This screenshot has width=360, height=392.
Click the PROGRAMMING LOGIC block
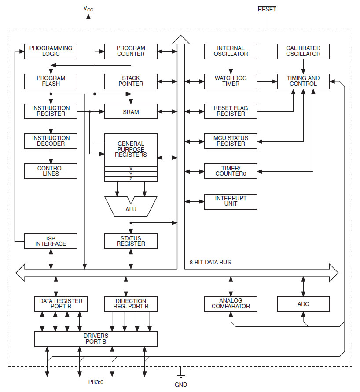point(51,51)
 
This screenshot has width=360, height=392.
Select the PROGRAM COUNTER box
point(131,51)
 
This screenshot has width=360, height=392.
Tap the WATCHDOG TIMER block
point(231,81)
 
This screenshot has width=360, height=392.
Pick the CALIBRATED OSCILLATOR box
point(303,51)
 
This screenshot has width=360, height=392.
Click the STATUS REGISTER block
point(131,241)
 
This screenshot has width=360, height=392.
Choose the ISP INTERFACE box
point(51,241)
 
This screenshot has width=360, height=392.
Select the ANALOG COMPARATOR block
point(231,303)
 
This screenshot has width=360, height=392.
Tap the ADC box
point(303,303)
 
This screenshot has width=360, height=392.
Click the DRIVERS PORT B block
point(96,339)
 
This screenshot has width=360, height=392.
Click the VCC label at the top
point(88,8)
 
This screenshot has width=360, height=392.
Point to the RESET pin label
point(267,9)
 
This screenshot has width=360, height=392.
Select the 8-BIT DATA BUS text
point(210,262)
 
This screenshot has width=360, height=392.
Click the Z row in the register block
point(131,179)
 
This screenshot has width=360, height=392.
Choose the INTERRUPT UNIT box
point(231,201)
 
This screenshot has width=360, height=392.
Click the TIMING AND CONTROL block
point(303,81)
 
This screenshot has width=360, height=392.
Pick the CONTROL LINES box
point(51,171)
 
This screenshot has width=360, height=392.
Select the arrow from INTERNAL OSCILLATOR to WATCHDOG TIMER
point(231,66)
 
